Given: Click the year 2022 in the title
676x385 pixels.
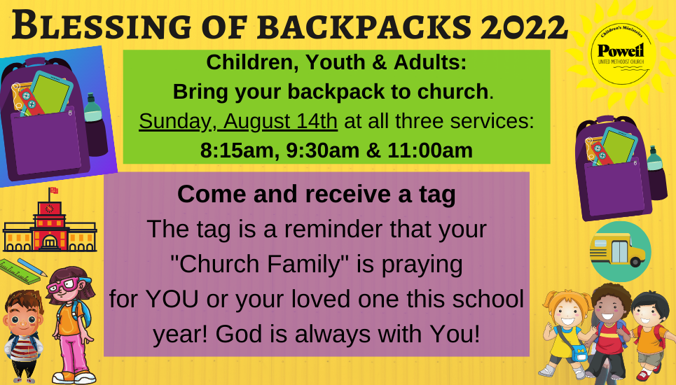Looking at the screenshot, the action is (x=524, y=27).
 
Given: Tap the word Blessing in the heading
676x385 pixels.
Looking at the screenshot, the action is (x=102, y=26).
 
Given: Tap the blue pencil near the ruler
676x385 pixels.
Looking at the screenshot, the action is (x=32, y=267).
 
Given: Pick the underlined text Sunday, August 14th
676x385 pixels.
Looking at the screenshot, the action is (x=238, y=121).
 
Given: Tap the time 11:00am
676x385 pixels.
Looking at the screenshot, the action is (x=430, y=150).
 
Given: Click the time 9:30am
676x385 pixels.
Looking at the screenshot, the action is (x=322, y=150).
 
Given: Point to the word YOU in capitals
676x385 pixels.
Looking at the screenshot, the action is (x=172, y=299).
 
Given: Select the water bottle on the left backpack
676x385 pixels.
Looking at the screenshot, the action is (x=95, y=124).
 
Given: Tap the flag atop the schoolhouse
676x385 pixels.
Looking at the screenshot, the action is (x=53, y=190).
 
